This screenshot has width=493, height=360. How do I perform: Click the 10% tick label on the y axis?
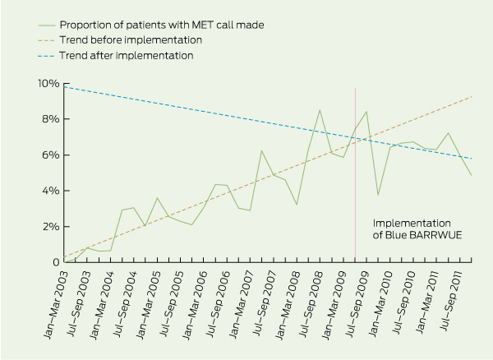48,84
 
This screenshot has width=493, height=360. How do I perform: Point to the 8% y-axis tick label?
50,119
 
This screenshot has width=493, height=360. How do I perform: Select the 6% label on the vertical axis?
50,155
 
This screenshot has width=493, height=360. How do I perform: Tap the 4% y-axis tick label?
50,191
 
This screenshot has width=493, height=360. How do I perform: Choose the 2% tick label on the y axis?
50,227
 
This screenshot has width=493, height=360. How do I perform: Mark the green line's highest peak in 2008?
320,110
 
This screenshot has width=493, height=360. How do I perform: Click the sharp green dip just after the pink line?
378,195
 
